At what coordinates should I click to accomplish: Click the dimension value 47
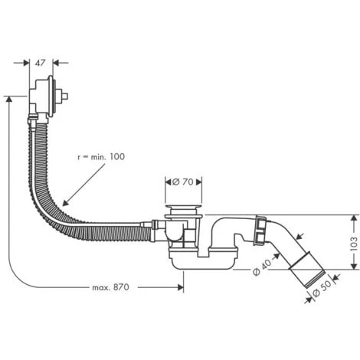[44, 63]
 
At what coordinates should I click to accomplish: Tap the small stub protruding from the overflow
[67, 97]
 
